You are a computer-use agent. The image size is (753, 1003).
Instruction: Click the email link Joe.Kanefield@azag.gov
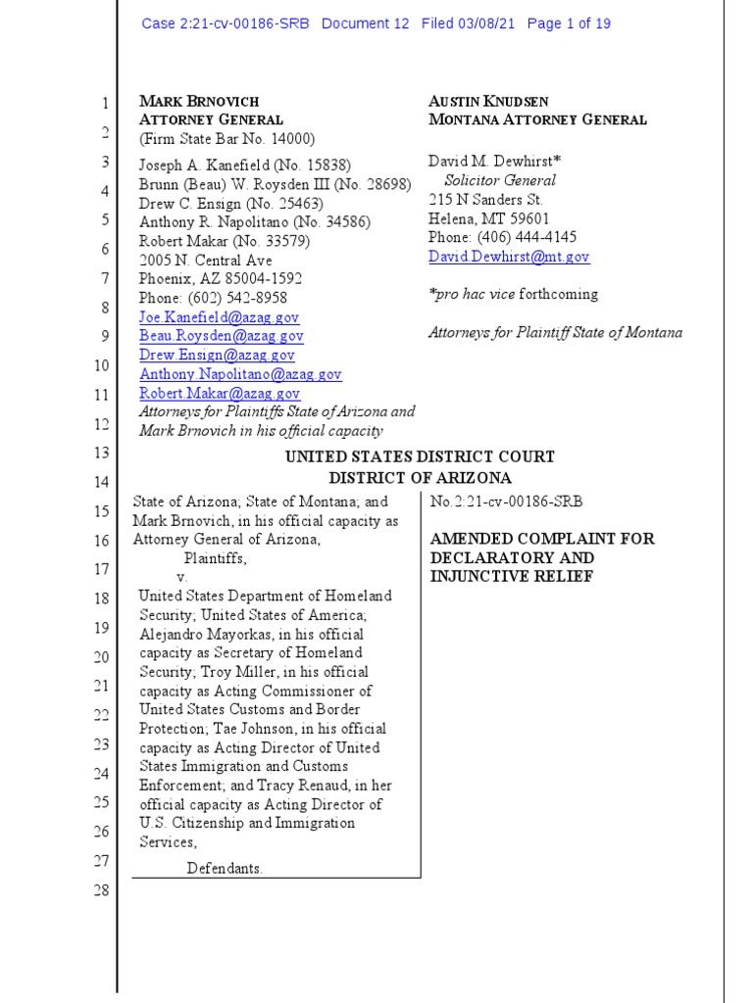[219, 317]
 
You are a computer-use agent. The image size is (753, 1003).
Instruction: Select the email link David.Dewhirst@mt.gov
[509, 257]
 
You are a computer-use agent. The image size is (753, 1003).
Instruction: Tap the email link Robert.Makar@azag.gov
[220, 393]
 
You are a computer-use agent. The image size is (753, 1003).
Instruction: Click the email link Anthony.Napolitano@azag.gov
[240, 374]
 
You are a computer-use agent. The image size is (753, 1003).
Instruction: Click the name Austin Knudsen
[488, 101]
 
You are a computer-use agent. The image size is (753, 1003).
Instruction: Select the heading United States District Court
[420, 456]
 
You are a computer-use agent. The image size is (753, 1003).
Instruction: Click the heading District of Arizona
[420, 478]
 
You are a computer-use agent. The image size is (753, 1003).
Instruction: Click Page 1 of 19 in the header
[569, 24]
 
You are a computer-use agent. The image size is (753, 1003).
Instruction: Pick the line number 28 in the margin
[100, 890]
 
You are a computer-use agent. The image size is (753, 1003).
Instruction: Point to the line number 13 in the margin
[100, 453]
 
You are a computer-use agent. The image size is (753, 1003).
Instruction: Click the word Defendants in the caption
[225, 868]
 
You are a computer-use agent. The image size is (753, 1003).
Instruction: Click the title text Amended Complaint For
[541, 539]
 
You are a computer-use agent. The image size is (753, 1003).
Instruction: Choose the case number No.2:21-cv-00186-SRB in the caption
[506, 501]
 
